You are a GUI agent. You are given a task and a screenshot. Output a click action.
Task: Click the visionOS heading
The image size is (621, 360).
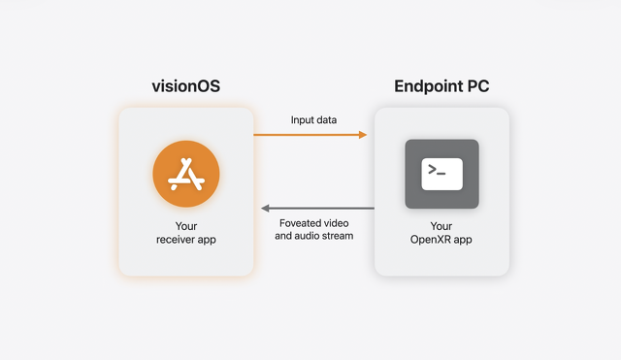185,86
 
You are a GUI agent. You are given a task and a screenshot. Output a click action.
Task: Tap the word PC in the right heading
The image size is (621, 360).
478,86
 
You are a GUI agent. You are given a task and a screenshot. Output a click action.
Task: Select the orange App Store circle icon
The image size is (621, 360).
186,174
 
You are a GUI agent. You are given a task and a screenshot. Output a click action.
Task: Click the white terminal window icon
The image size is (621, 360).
442,175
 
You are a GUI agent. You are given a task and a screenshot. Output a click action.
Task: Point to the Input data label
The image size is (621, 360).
313,120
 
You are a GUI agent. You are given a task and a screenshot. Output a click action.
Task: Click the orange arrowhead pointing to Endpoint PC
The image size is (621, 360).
363,135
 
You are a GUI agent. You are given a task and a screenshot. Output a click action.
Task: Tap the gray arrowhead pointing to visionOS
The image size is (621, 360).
265,209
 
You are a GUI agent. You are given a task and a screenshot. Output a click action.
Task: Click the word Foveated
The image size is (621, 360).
299,223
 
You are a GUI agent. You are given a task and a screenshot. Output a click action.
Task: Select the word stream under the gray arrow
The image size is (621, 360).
338,236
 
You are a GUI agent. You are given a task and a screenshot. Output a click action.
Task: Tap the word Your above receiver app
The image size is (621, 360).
186,226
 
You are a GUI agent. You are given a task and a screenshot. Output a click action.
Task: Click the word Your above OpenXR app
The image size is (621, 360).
441,226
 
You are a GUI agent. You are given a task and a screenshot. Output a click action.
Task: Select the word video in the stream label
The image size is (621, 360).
336,223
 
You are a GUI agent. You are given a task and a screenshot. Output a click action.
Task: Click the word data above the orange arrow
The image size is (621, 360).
327,120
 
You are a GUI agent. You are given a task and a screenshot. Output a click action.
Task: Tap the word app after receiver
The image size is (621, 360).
207,241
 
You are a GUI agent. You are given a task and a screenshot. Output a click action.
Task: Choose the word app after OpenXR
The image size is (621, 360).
463,241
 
